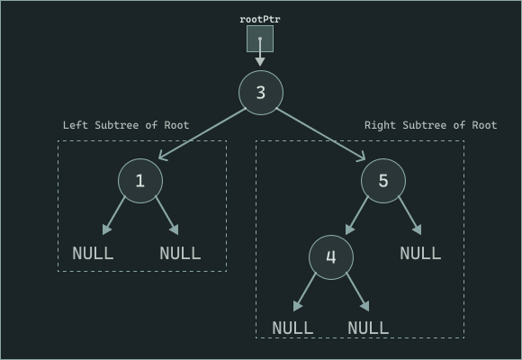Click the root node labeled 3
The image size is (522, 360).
click(261, 92)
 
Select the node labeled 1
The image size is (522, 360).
click(139, 180)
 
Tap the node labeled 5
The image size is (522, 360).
click(383, 180)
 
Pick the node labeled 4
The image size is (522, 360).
click(331, 257)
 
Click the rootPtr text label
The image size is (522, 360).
click(260, 19)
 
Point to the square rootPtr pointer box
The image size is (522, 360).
click(260, 39)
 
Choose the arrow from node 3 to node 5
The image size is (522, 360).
click(322, 135)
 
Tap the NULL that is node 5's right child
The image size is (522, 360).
click(420, 253)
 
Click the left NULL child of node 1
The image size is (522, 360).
click(93, 253)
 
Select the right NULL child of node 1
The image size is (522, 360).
click(180, 253)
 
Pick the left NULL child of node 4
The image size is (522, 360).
click(292, 328)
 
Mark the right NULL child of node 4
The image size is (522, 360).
click(368, 328)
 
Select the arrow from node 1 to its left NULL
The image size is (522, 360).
click(115, 217)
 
